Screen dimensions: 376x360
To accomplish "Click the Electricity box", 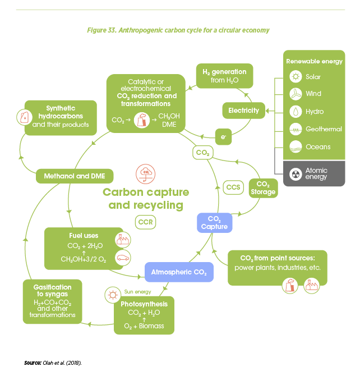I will [x=243, y=111].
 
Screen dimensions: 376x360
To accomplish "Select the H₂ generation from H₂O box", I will [x=224, y=76].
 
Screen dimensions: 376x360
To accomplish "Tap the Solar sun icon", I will [x=295, y=77].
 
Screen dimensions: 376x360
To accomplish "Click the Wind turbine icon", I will [x=295, y=94].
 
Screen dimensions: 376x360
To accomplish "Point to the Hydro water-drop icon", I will [x=295, y=112].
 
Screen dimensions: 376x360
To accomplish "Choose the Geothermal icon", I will [x=295, y=129].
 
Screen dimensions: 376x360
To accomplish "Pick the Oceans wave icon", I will [x=295, y=146].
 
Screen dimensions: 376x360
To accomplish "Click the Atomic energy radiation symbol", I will [x=295, y=174].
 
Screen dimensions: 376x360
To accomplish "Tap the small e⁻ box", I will [x=223, y=135].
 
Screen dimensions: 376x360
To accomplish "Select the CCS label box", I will [x=233, y=186].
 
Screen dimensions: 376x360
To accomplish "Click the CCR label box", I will [x=145, y=222].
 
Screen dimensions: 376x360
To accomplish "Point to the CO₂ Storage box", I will [x=263, y=187].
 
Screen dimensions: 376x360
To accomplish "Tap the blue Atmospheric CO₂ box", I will [x=179, y=272].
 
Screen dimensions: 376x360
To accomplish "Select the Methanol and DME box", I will [x=75, y=176].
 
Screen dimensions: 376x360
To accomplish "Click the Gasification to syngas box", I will [x=52, y=300].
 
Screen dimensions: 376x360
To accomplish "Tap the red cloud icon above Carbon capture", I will [x=146, y=174].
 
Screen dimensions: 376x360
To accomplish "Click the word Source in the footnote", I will [x=33, y=364].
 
